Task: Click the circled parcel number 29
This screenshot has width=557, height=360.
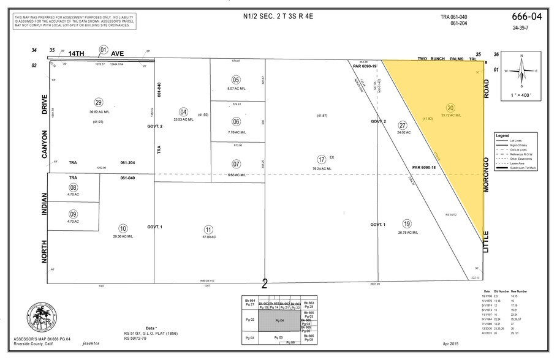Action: coord(98,102)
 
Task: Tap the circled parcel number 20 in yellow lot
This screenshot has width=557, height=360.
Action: coord(450,107)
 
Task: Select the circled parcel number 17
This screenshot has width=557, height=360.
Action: coord(320,159)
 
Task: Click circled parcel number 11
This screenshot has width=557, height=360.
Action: coord(208,228)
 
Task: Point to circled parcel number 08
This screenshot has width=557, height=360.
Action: coord(74,187)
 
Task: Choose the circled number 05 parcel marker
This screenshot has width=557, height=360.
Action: coord(236,80)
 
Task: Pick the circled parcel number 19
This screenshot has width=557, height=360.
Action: coord(407,223)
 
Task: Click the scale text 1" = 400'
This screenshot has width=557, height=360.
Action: coord(521,96)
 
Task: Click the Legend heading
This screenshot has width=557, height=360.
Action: coord(502,135)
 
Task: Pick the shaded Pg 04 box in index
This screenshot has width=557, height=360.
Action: coord(279,320)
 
